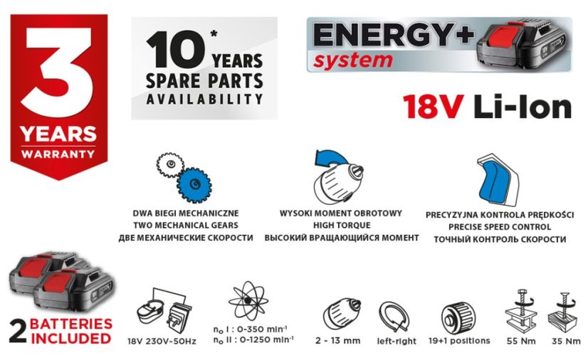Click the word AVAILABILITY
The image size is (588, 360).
point(204,100)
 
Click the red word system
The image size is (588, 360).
point(354,60)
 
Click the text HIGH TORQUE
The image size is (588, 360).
point(341,225)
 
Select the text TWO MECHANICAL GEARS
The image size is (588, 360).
point(185,225)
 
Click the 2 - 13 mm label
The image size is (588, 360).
point(337,341)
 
